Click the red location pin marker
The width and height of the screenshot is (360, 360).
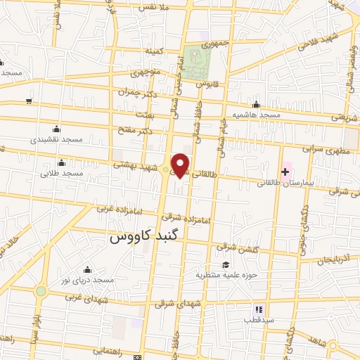pyautogui.click(x=181, y=165)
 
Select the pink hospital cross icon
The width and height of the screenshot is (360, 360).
pyautogui.click(x=285, y=172)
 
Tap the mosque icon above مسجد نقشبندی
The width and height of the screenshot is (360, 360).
pyautogui.click(x=56, y=129)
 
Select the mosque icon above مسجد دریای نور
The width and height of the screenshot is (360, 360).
pyautogui.click(x=88, y=269)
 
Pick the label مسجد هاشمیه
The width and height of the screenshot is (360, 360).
pyautogui.click(x=257, y=114)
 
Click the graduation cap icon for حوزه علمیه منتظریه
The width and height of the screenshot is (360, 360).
pyautogui.click(x=226, y=264)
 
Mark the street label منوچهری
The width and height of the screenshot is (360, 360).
pyautogui.click(x=147, y=72)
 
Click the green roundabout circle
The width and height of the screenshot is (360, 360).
pyautogui.click(x=41, y=290)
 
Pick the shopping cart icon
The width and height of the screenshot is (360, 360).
pyautogui.click(x=28, y=101)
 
